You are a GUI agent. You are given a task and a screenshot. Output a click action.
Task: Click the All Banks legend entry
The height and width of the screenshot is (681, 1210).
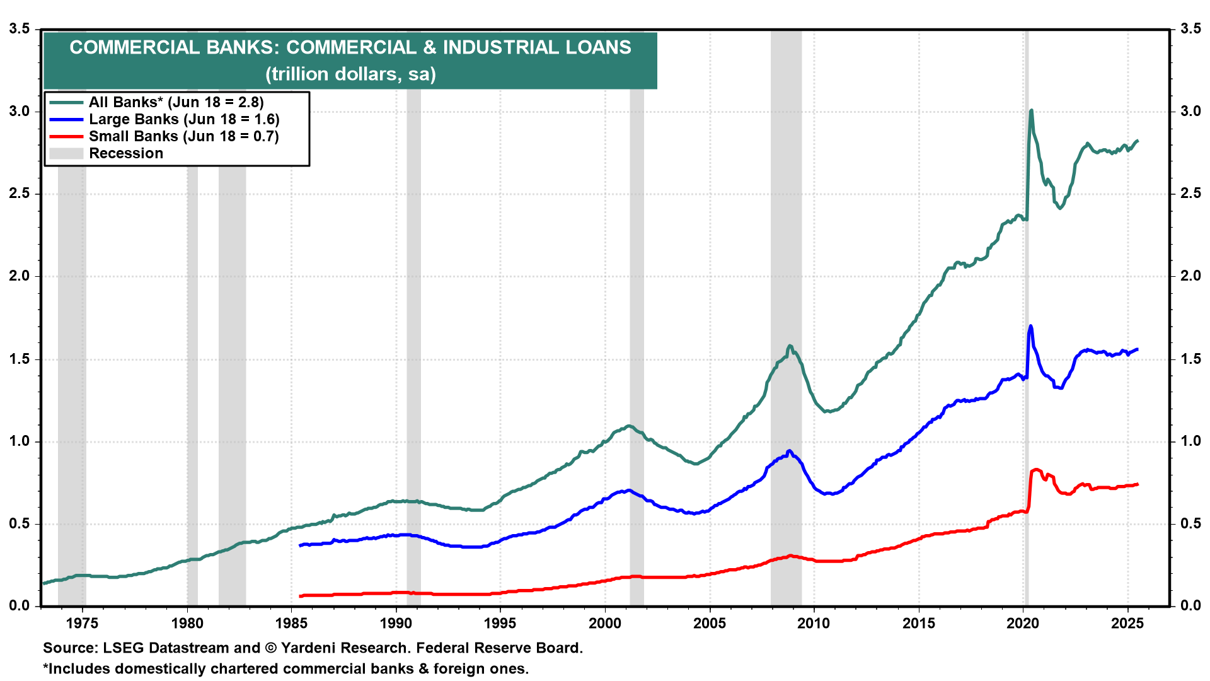click(x=176, y=102)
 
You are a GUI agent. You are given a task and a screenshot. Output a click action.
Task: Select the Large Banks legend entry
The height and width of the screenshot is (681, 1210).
click(x=183, y=119)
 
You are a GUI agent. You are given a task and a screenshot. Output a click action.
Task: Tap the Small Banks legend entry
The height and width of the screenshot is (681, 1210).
click(x=183, y=136)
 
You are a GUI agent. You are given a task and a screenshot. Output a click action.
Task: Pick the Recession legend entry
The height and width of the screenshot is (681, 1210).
click(x=125, y=153)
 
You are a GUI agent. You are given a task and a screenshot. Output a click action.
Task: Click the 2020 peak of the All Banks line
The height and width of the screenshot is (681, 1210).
click(x=1031, y=110)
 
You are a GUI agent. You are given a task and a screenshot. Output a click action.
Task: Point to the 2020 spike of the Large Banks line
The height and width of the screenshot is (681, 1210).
click(x=1030, y=326)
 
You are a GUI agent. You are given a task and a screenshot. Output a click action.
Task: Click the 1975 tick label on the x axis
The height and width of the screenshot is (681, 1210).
click(x=83, y=624)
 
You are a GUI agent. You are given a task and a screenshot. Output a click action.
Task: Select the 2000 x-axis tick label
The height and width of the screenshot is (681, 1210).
click(x=605, y=624)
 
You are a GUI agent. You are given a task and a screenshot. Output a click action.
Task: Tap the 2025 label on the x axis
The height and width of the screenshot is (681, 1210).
click(x=1127, y=624)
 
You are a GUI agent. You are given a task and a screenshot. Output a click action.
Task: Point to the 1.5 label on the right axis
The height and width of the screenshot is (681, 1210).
click(x=1190, y=359)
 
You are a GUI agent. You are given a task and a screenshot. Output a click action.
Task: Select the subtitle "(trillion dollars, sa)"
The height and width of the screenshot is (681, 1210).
click(x=350, y=74)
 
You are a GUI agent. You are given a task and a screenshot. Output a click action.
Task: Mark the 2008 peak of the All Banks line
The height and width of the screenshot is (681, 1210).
click(x=790, y=346)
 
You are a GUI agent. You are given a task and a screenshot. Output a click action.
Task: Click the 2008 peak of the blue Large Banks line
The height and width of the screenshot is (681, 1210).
click(x=790, y=451)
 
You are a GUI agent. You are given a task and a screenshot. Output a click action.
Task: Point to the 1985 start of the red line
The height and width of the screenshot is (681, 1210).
click(x=301, y=596)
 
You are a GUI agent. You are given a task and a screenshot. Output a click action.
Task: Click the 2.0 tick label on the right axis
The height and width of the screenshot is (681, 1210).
click(x=1190, y=276)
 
